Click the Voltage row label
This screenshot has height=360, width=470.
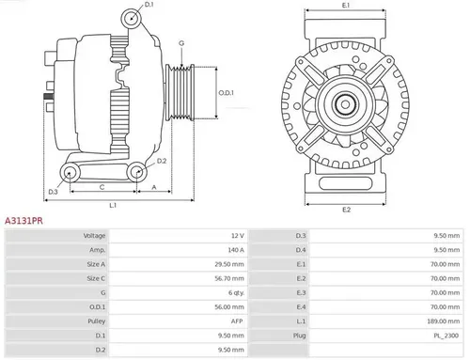[x=94, y=235]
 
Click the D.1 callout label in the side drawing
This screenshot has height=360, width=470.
[x=149, y=6]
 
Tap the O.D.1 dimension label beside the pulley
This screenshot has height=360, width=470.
[x=227, y=92]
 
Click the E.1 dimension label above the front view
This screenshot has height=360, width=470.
[x=346, y=7]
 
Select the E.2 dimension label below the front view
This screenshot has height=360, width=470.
[x=346, y=208]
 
